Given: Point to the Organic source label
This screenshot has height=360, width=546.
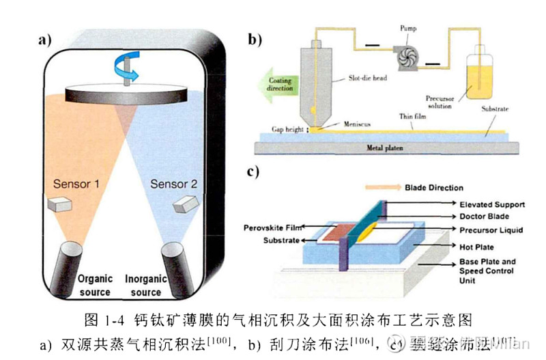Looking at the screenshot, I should (94, 286).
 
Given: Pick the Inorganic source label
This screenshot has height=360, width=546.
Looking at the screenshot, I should (145, 286).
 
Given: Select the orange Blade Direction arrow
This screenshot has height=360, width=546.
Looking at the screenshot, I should (382, 186).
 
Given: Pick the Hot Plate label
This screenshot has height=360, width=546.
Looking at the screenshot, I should (476, 247).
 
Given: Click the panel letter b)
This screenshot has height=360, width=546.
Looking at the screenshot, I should (255, 40).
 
